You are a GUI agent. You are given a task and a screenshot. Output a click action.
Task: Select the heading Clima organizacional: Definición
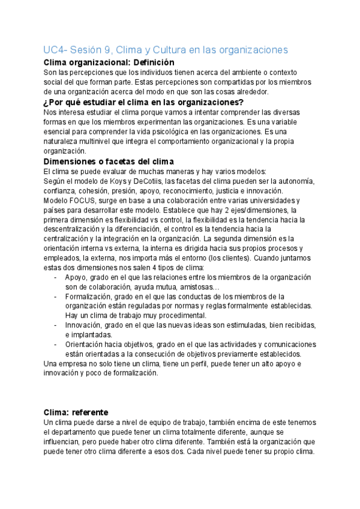[109, 62]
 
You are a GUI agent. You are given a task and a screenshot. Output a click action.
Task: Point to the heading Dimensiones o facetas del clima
[109, 161]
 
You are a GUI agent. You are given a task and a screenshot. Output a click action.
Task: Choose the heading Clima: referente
[76, 412]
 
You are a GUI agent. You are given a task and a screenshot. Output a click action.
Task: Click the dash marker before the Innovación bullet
[56, 325]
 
